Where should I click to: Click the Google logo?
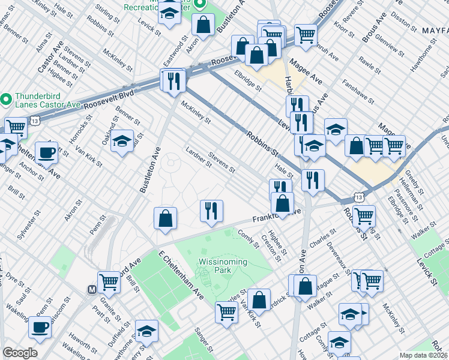[20, 353]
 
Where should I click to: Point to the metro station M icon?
[92, 289]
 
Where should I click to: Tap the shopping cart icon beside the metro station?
[109, 281]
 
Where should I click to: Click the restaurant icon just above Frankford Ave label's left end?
[211, 211]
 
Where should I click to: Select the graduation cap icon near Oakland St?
[122, 141]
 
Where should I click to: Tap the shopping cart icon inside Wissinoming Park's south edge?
[226, 311]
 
